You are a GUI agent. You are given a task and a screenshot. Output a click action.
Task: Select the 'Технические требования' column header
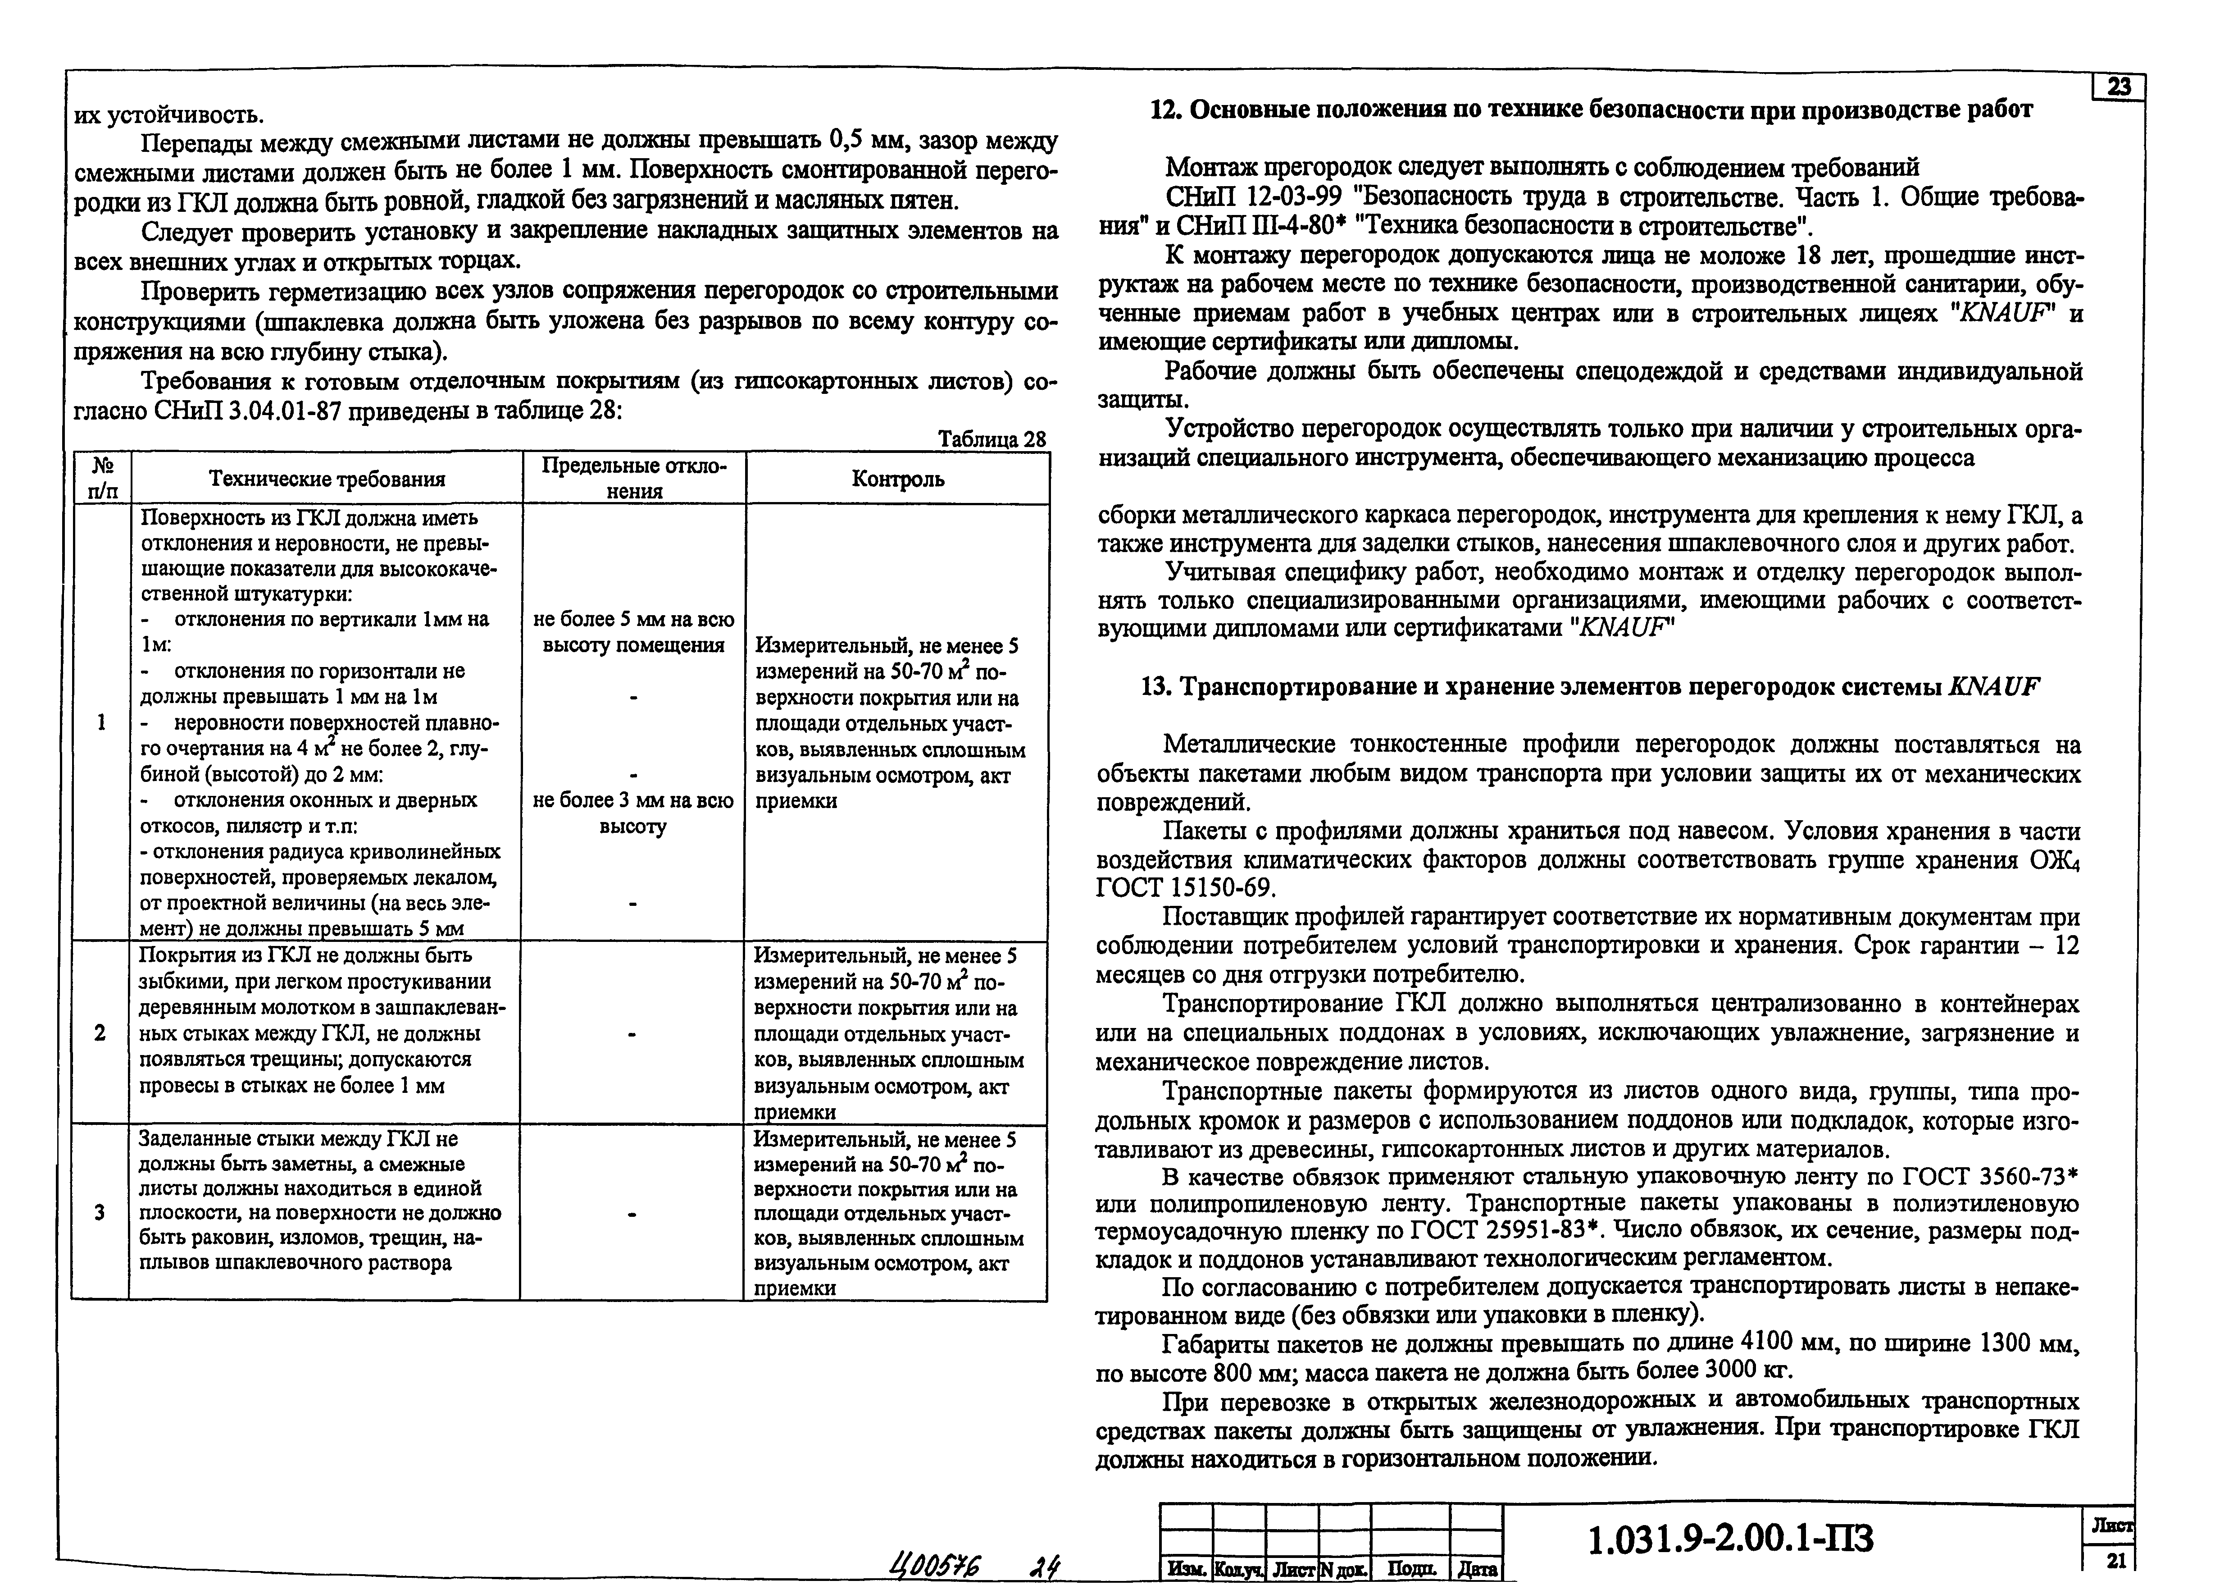point(327,479)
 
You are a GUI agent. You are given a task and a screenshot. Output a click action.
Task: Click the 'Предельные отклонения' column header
point(634,478)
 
